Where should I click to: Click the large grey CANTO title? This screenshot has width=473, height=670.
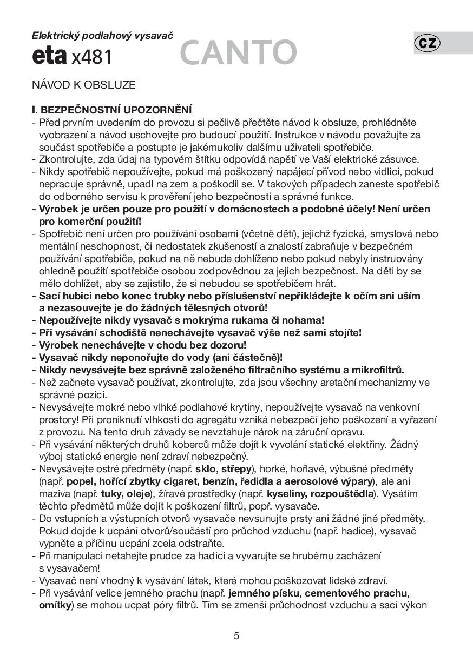click(x=238, y=53)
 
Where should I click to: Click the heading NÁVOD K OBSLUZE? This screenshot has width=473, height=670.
click(x=83, y=85)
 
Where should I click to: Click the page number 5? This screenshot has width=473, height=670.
click(x=236, y=635)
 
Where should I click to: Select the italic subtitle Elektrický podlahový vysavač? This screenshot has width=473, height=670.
click(x=102, y=36)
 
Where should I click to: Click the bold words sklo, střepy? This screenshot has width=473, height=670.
click(x=223, y=468)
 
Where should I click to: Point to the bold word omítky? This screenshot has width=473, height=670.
click(x=55, y=605)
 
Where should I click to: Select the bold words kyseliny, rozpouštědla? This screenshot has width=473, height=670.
click(x=326, y=494)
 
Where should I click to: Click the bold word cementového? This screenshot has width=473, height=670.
click(x=333, y=593)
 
